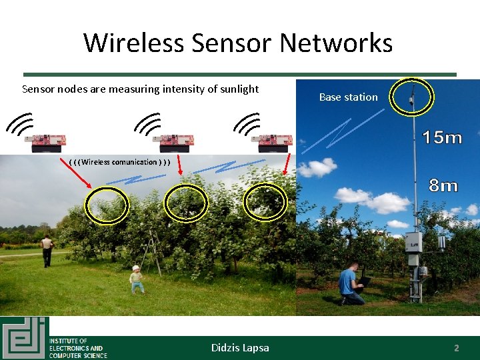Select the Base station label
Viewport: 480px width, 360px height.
point(348,97)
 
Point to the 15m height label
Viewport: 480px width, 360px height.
point(443,138)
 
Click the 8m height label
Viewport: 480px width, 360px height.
point(443,186)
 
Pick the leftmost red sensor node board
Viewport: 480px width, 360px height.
point(46,140)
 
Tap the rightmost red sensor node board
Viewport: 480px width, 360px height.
point(272,140)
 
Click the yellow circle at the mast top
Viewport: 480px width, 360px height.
point(412,97)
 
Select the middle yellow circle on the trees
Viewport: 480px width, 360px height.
point(186,202)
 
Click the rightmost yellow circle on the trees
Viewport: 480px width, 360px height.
point(265,202)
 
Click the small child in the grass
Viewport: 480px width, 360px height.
point(137,279)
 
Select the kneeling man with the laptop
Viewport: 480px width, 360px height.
point(349,285)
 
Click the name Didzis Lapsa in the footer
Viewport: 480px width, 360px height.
point(240,347)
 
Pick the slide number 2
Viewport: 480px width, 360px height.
point(457,348)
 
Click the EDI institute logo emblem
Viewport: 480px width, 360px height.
point(24,337)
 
